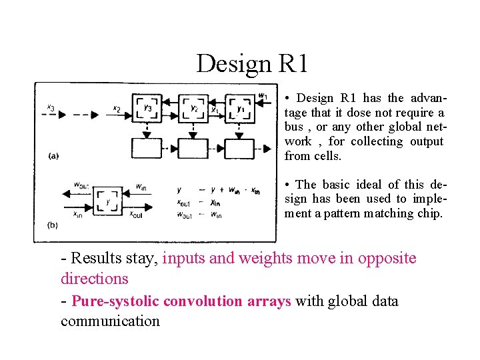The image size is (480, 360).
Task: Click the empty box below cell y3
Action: (148, 148)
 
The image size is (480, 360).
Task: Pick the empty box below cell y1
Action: (239, 148)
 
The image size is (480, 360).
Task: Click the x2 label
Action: (116, 108)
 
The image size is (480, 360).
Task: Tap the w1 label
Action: (263, 97)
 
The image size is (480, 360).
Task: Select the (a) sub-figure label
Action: (53, 156)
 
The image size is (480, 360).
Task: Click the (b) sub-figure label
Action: (53, 225)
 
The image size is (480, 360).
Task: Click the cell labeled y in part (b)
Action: (107, 200)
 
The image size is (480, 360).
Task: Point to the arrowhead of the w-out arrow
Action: (65, 193)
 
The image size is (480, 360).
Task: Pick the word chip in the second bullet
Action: (429, 213)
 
